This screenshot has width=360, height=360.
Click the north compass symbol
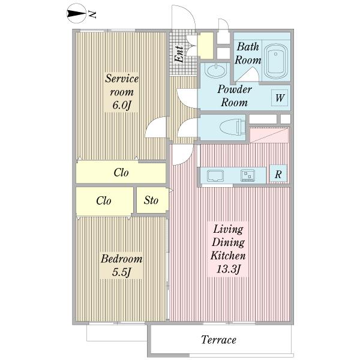76,14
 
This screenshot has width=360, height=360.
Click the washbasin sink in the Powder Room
216,70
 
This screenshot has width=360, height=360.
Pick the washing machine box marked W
280,98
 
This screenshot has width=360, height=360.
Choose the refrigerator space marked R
278,174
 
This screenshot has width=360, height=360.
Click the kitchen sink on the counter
215,176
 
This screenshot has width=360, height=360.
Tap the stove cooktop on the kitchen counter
247,176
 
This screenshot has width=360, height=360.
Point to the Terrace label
218,340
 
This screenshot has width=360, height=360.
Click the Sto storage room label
151,200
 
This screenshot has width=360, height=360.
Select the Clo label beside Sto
104,200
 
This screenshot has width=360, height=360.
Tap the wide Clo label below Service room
121,172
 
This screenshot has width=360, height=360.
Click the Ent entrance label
179,54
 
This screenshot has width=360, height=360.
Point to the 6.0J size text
122,106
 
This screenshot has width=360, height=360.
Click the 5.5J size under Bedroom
121,272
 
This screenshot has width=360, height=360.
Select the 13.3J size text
228,269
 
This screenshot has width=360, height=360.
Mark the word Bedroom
122,259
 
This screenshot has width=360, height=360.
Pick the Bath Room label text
248,53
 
